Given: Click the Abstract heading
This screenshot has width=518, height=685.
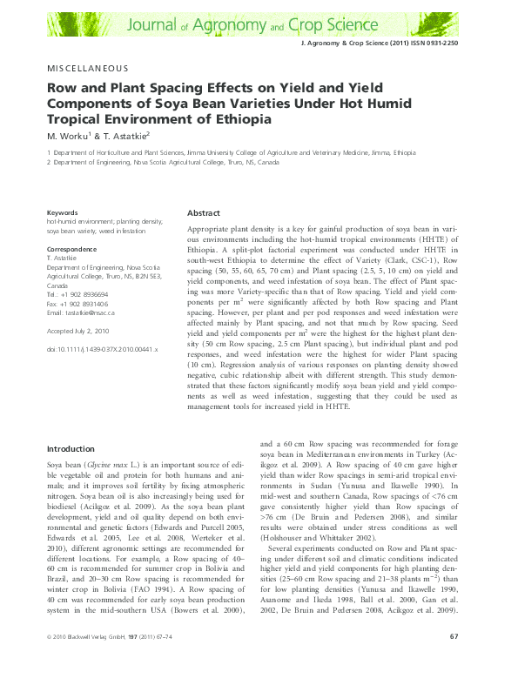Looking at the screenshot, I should click(203, 213).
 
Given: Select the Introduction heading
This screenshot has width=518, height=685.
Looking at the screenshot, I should click(70, 448).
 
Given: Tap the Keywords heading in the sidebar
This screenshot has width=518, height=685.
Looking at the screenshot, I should click(62, 212).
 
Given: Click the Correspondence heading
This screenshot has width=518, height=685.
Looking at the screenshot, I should click(72, 249).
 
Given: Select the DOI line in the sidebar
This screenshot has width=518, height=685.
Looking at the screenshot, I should click(101, 349).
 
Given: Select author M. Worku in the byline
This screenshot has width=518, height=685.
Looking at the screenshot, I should click(68, 136).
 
